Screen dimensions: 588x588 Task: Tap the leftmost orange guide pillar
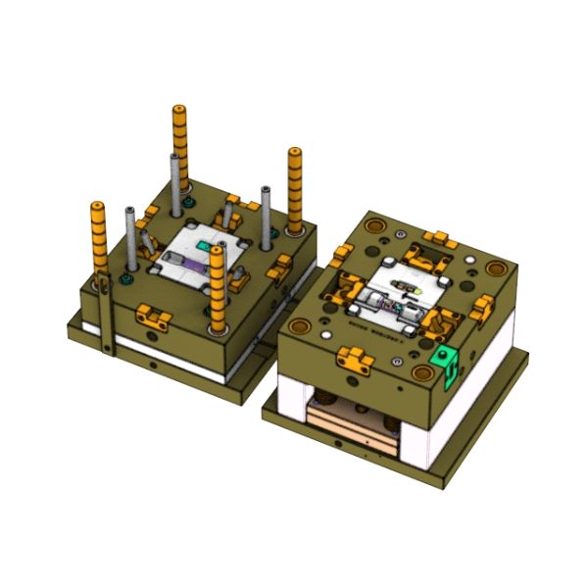98,240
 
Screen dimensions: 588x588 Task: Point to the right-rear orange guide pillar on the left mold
294,191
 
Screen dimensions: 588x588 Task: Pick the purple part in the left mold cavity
186,263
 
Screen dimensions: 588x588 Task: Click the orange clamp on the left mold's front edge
150,316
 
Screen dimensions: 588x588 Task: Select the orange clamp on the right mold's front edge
354,360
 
